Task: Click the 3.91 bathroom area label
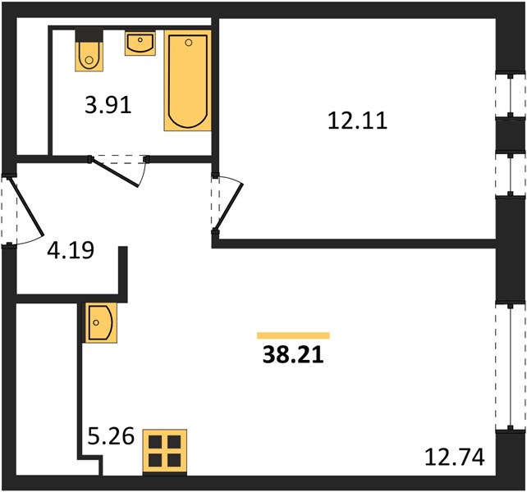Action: [108, 105]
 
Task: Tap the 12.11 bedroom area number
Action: [357, 121]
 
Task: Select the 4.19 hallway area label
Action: [71, 250]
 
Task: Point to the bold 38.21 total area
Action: [293, 354]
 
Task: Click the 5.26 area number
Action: [111, 436]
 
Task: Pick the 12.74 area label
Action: [455, 457]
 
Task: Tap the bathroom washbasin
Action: [140, 43]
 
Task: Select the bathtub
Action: [187, 80]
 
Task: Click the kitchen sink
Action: [101, 323]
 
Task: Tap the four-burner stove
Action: [165, 452]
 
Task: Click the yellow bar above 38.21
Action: [293, 335]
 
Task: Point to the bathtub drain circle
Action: [189, 43]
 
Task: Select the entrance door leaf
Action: [26, 206]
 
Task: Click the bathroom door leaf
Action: [115, 173]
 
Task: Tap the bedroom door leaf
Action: [229, 207]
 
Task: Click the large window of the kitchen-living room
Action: [511, 367]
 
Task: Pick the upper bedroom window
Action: [511, 96]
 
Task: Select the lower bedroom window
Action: [511, 174]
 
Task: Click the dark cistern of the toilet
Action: [89, 35]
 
